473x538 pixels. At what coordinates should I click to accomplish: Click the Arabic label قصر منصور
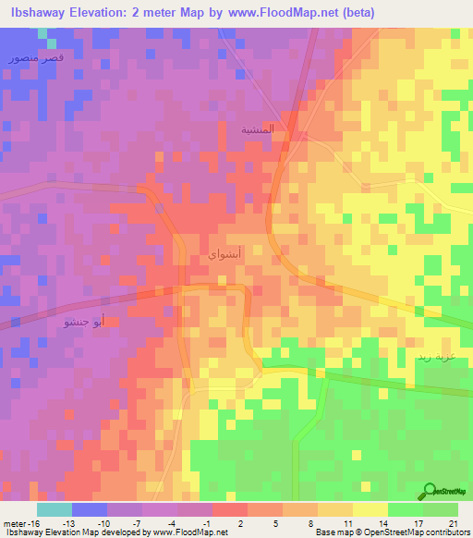(29, 58)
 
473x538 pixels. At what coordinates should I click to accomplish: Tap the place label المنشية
(258, 129)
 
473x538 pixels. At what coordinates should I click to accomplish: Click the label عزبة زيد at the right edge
(454, 356)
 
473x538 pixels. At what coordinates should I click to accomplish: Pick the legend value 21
(452, 522)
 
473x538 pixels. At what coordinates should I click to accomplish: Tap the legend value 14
(382, 522)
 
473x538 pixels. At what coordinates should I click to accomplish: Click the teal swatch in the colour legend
(54, 509)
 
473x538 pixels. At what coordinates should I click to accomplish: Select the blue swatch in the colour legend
(89, 509)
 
